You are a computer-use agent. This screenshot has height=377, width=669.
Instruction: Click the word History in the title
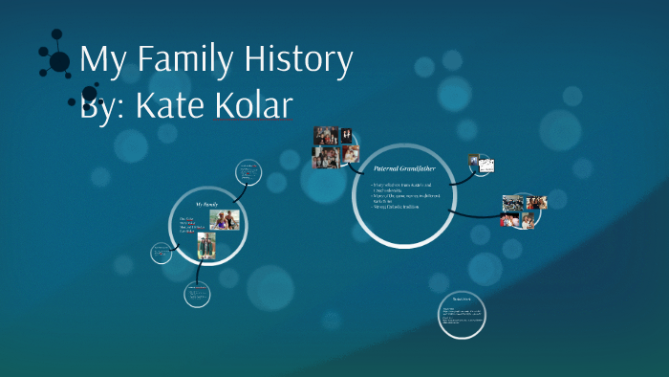point(299,60)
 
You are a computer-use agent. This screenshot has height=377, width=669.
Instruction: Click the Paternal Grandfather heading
point(404,168)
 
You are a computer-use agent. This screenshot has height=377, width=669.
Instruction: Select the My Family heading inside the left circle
point(207,205)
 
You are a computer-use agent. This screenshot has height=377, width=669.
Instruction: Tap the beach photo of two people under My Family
point(225,220)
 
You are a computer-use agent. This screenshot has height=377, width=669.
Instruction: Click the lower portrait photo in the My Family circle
point(206,246)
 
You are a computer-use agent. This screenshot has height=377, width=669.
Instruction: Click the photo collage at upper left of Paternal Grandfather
point(335,147)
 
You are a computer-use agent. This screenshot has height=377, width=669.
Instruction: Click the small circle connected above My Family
point(248,172)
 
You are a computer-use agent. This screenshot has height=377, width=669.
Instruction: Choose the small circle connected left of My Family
point(161,254)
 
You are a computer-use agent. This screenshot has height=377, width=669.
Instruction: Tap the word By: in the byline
point(103,104)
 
